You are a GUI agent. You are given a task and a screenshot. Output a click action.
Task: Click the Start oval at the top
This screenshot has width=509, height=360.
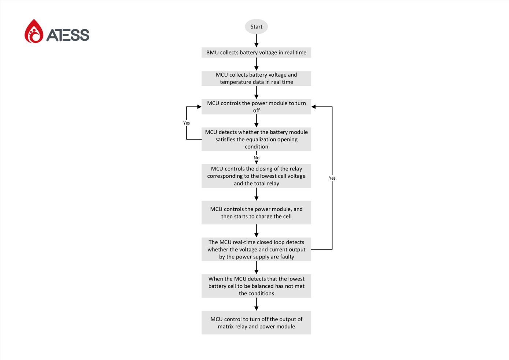pos(256,27)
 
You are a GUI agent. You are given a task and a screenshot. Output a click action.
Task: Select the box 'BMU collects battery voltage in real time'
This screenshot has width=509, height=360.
pos(256,52)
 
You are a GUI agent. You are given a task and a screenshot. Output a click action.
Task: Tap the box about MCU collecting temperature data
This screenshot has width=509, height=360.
pos(256,78)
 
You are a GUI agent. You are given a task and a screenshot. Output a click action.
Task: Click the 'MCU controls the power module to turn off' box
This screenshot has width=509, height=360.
pos(256,107)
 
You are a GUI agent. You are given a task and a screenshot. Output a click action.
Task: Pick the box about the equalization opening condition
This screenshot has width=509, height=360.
pos(256,139)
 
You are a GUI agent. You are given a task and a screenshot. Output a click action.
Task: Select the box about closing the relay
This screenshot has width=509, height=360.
pos(256,176)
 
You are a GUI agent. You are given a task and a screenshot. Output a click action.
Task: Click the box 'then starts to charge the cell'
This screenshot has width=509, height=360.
pos(256,213)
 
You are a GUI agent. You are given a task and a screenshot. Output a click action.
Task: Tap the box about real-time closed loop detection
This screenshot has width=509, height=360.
pos(256,249)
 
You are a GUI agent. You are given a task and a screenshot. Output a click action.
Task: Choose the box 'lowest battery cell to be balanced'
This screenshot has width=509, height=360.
pos(256,286)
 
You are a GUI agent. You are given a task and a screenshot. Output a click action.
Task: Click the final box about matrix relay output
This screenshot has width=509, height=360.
pos(256,323)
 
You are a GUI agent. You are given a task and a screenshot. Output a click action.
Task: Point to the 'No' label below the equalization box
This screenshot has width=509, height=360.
pos(256,158)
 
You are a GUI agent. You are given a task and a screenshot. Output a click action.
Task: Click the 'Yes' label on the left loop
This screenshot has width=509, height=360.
pos(186,123)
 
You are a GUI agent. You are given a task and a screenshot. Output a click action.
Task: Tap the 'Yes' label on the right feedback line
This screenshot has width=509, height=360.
pos(332,178)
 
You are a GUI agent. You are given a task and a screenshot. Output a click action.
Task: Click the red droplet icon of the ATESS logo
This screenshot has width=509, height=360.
pos(34,31)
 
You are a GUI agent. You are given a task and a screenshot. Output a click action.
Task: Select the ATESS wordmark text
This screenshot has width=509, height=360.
pos(68,35)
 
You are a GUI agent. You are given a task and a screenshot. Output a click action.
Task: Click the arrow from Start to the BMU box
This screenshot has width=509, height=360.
pos(256,41)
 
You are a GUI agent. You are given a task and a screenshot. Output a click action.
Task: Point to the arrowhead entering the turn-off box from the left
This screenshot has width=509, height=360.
pos(199,107)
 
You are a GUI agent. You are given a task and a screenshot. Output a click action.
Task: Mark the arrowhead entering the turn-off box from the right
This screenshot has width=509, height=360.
pos(314,107)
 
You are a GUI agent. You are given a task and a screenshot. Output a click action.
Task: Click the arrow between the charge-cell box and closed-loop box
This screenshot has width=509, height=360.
pos(256,231)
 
